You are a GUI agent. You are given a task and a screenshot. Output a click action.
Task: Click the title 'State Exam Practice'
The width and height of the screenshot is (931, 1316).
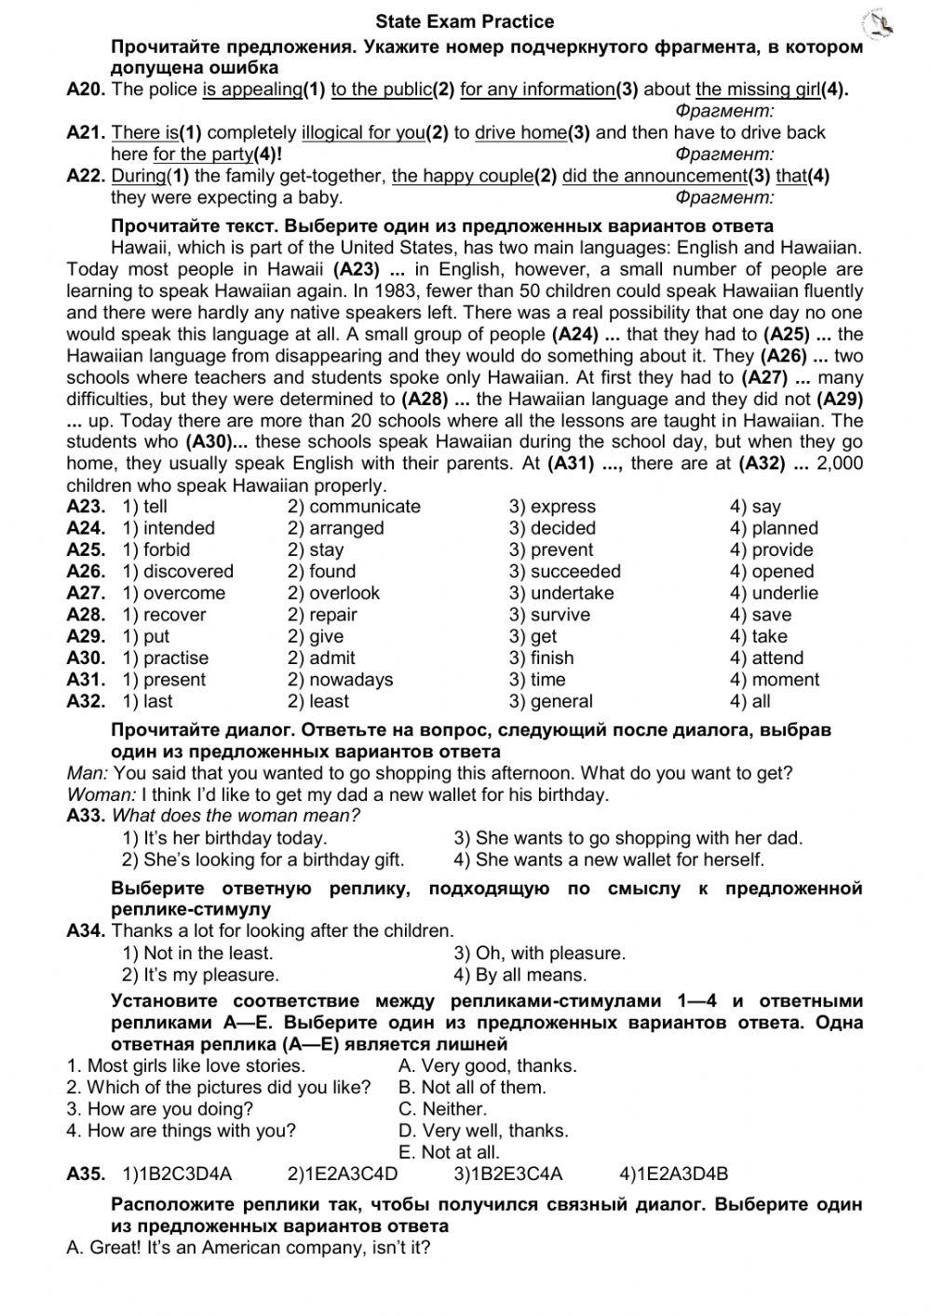click(x=465, y=21)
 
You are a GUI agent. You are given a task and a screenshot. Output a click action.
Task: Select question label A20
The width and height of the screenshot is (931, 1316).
click(x=87, y=89)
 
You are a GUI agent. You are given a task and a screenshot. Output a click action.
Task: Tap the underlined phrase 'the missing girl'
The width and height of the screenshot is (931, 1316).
click(x=757, y=89)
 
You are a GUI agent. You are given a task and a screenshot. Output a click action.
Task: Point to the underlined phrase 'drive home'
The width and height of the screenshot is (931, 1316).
click(x=519, y=132)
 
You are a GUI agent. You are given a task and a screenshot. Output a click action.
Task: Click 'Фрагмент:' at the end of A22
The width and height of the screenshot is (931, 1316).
click(x=724, y=197)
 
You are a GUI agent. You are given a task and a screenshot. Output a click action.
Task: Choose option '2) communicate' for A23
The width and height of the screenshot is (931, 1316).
click(x=354, y=507)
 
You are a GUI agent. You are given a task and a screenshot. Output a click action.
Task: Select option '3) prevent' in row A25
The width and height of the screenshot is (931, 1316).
click(x=551, y=549)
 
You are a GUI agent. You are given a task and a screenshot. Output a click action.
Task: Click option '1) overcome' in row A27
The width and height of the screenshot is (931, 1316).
click(x=174, y=593)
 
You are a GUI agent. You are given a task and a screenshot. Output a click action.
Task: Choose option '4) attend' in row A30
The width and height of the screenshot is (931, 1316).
click(x=766, y=658)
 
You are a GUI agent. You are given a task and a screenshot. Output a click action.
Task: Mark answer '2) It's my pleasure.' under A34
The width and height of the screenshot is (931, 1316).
click(x=200, y=975)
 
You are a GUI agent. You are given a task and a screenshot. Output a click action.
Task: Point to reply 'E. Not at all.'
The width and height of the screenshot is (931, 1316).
click(x=449, y=1152)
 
